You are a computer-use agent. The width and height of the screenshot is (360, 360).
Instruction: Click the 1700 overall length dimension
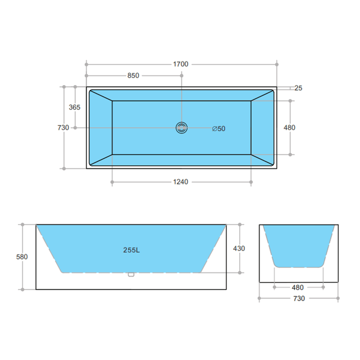(180, 64)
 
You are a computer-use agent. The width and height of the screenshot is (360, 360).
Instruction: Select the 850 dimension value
(133, 75)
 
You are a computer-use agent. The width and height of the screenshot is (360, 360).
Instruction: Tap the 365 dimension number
(74, 107)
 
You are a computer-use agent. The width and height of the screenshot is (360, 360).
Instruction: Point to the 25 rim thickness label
(298, 88)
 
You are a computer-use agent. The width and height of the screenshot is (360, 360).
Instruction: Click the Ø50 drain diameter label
(218, 128)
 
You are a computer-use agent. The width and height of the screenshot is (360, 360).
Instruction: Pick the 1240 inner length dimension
(180, 182)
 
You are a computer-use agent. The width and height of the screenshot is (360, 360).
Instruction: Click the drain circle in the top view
(181, 127)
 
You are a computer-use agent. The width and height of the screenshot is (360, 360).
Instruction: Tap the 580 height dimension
(22, 256)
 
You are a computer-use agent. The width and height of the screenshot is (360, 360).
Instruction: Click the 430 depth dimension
(239, 248)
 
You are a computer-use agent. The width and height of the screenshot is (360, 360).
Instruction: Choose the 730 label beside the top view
(63, 127)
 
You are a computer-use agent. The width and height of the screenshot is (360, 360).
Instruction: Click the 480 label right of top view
(289, 127)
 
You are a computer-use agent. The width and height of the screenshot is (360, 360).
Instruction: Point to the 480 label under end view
(298, 287)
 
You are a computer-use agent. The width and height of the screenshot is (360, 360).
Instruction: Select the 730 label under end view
(298, 298)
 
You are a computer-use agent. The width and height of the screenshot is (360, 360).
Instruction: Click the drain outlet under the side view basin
(131, 274)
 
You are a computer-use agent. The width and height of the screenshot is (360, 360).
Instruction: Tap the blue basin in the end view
(298, 245)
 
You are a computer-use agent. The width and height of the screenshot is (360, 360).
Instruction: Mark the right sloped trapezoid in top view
(262, 127)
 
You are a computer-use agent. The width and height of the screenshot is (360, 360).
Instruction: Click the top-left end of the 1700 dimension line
(86, 64)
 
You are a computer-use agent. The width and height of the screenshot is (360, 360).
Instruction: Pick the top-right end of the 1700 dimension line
(276, 64)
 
